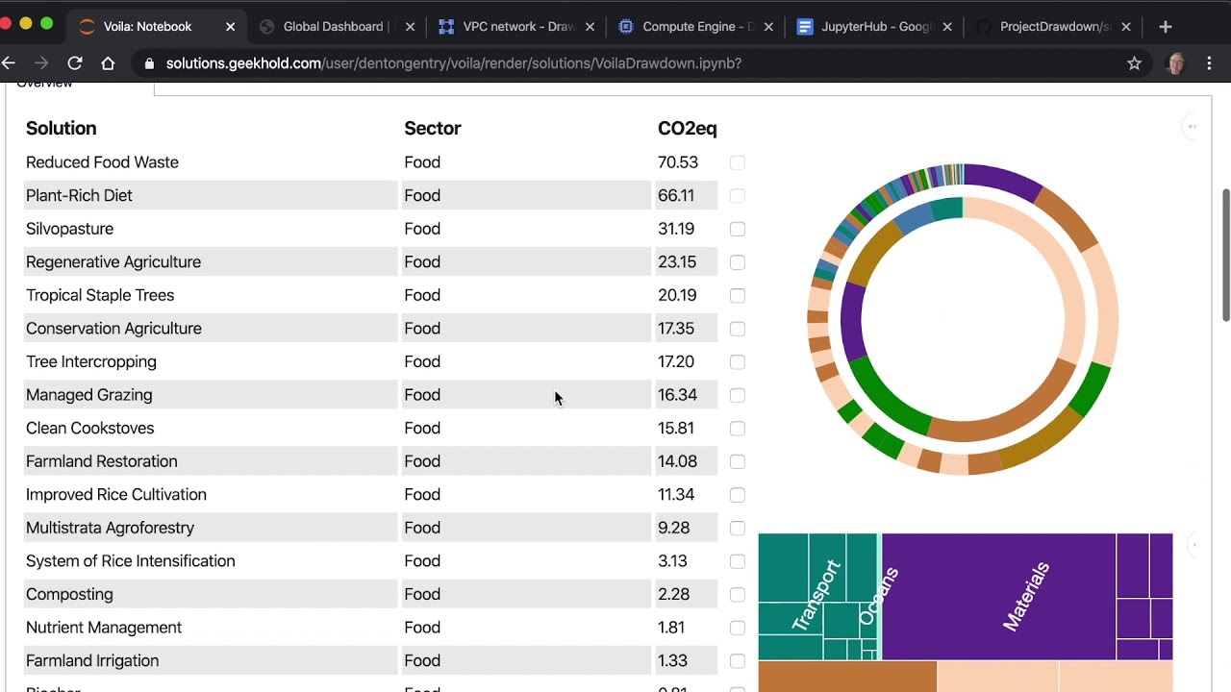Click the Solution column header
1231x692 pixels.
point(61,129)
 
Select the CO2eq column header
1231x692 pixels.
point(687,129)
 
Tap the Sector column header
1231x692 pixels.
point(432,129)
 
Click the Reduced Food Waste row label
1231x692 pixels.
point(102,162)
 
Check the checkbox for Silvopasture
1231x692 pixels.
point(738,229)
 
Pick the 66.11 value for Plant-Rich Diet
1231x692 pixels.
point(676,195)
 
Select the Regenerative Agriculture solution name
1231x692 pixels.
point(113,262)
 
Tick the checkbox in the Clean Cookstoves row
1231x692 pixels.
point(738,429)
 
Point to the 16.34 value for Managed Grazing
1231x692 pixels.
point(677,395)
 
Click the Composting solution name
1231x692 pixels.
point(69,595)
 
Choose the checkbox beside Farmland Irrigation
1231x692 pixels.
point(738,661)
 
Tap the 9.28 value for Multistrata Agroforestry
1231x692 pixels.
point(673,528)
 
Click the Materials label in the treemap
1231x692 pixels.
point(1025,597)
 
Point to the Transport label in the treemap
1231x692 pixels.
point(816,596)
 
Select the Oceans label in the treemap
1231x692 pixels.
point(878,597)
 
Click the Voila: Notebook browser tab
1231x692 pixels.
point(147,27)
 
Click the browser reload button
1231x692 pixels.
point(75,63)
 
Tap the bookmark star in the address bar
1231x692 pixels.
point(1134,63)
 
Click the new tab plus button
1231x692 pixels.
point(1166,27)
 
